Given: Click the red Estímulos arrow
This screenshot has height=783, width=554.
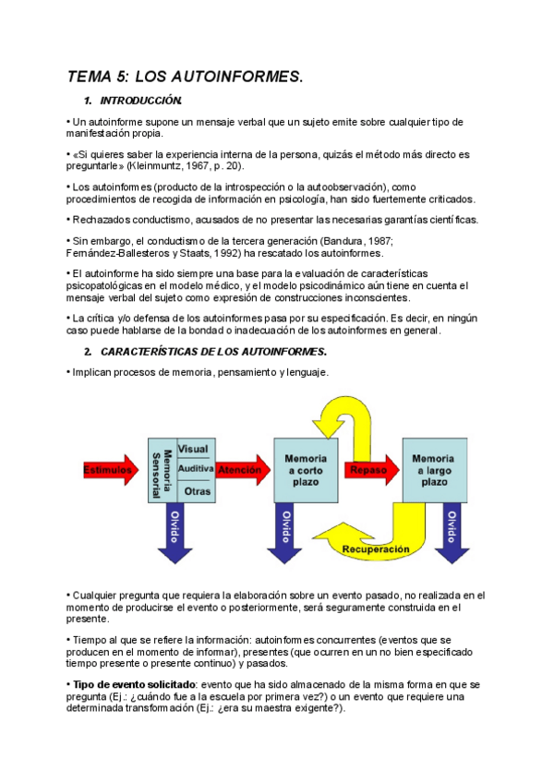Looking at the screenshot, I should coord(112,470).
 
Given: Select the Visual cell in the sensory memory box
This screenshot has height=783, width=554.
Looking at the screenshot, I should coord(193,449).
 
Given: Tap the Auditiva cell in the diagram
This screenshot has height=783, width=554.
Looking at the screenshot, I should coord(195,469).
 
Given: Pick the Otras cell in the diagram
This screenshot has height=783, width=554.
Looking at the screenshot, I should coord(197,490).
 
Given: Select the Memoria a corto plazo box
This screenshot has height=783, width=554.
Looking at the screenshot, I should coord(305,470).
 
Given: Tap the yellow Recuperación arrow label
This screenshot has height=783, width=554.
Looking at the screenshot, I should coord(374,549).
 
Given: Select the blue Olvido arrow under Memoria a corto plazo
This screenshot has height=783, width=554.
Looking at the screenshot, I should coord(287,532).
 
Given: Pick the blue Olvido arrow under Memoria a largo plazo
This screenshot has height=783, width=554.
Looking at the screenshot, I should coord(452,532).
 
